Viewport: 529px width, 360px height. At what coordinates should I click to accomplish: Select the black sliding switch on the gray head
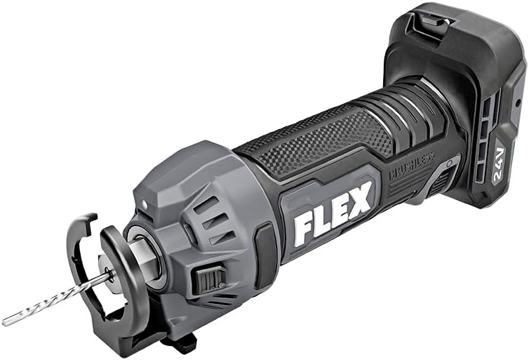click(x=210, y=280)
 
